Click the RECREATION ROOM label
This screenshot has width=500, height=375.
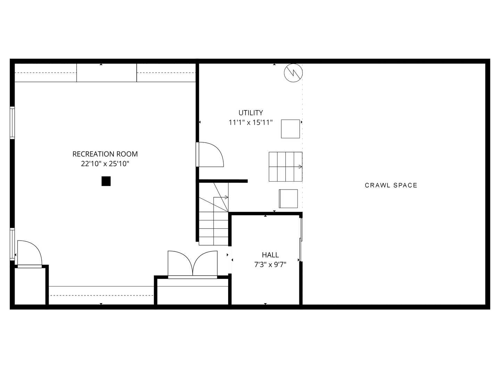click(x=105, y=154)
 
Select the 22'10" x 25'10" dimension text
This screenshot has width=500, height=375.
click(x=105, y=164)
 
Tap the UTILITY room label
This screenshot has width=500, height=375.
click(x=250, y=112)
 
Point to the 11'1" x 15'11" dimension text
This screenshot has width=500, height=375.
click(x=250, y=122)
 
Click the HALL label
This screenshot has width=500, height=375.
click(x=270, y=255)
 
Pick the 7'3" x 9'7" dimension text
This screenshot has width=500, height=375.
click(x=270, y=265)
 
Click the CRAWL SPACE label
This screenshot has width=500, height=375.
click(x=391, y=185)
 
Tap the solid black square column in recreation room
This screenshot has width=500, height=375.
click(x=106, y=181)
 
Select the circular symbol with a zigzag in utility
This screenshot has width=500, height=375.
click(x=293, y=73)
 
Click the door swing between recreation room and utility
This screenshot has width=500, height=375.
click(x=210, y=155)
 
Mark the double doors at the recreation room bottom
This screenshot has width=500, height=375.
click(x=192, y=264)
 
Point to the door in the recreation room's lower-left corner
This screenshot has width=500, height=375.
click(x=29, y=253)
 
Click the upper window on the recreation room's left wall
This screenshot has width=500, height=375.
click(x=12, y=123)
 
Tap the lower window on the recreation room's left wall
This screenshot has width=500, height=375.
click(x=12, y=244)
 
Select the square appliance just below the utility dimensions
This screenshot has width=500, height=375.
click(x=290, y=128)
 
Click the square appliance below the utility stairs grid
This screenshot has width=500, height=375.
click(x=288, y=199)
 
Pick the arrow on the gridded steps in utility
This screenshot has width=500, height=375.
click(x=300, y=167)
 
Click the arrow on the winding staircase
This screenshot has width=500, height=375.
click(x=226, y=197)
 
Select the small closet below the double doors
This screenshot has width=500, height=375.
click(x=192, y=292)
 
